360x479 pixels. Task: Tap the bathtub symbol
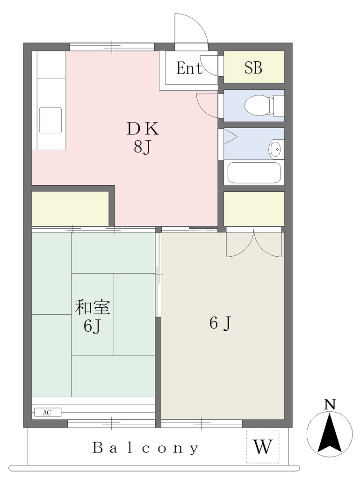[254, 173]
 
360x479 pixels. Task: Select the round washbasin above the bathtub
[276, 149]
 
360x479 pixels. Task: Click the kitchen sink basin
[50, 120]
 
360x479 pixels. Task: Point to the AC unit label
[47, 413]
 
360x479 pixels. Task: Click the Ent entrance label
[189, 68]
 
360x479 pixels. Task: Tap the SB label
[253, 67]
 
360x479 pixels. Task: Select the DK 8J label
[143, 138]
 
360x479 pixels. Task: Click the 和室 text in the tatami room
[93, 307]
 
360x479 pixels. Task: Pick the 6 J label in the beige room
[220, 323]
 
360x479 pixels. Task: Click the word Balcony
[146, 448]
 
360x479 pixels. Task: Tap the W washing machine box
[263, 447]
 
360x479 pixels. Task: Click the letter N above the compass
[330, 405]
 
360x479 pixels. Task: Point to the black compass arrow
[330, 432]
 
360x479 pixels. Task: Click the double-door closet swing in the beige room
[254, 244]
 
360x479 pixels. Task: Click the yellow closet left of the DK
[71, 208]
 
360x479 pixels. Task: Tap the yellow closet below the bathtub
[254, 209]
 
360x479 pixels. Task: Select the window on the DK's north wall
[112, 47]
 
